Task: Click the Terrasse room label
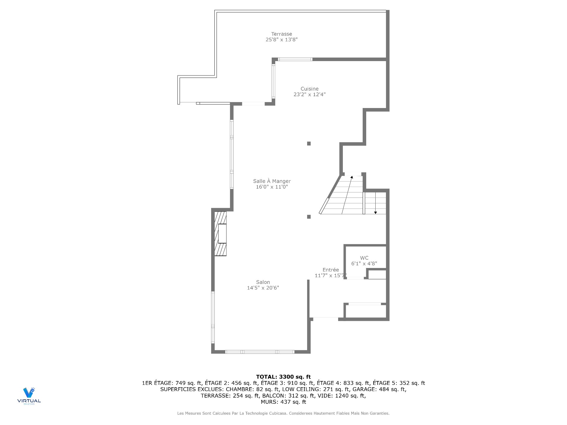point(281,34)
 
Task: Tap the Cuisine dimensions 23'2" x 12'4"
point(309,94)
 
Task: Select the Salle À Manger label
point(272,181)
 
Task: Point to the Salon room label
point(263,282)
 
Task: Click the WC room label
point(364,258)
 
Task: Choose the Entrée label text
point(330,270)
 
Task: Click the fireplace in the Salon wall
point(221,233)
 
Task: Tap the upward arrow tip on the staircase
point(352,177)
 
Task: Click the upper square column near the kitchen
point(309,144)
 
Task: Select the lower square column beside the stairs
point(309,217)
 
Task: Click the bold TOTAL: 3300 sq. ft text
point(283,377)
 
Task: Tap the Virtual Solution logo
point(29,395)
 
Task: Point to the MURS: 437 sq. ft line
point(283,402)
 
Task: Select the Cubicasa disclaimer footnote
point(283,413)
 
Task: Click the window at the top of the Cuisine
point(295,59)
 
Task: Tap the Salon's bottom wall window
point(260,352)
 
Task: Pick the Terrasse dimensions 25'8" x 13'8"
point(281,40)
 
